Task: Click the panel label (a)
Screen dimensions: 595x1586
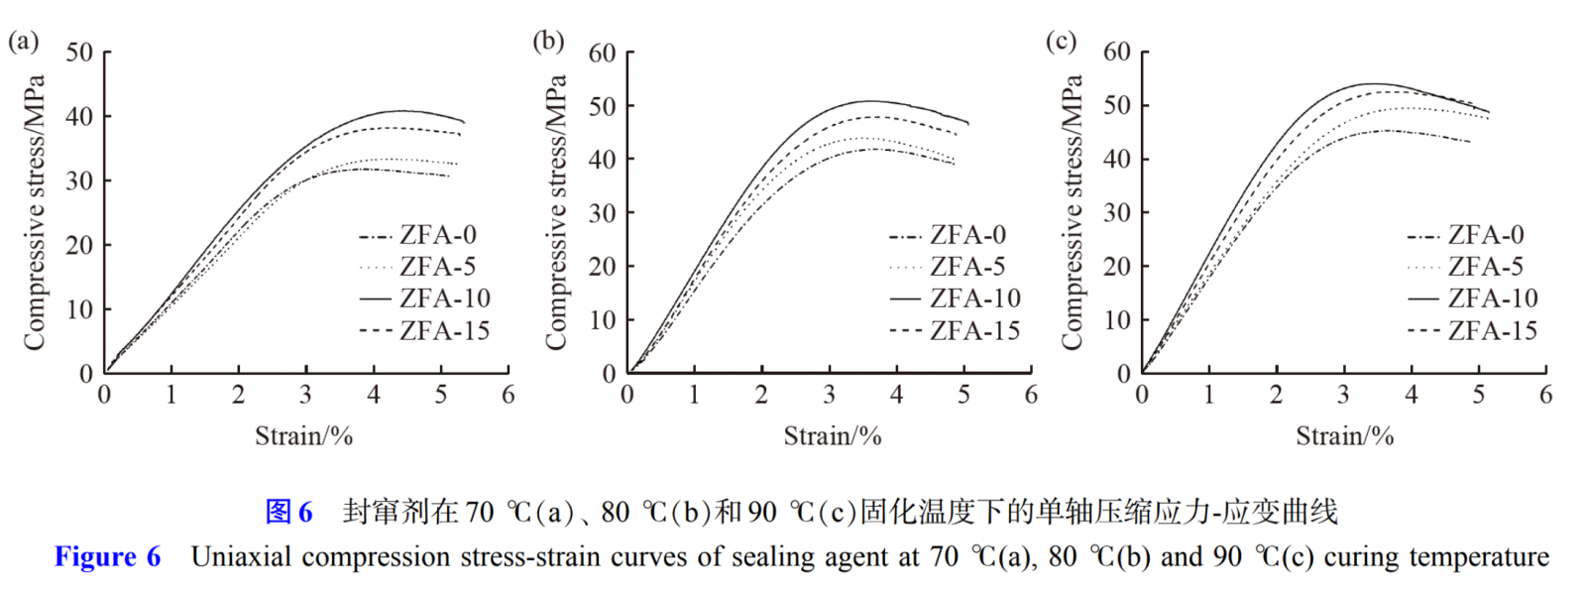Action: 23,41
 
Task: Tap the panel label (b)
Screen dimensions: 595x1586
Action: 548,41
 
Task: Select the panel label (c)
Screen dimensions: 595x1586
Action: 1061,41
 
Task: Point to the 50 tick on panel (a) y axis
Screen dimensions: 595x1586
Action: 79,53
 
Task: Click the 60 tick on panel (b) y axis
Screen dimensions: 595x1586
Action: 602,53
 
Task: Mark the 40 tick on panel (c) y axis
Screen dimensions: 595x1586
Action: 1116,159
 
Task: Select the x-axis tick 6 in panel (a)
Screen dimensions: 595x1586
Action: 508,395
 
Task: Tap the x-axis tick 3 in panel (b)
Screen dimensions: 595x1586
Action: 829,395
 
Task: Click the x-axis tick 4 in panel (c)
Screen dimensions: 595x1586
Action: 1411,395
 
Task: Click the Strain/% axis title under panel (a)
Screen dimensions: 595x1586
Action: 303,436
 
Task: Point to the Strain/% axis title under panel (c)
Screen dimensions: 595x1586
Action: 1344,436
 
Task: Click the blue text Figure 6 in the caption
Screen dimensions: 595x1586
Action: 107,557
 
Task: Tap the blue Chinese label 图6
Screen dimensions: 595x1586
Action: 288,512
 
